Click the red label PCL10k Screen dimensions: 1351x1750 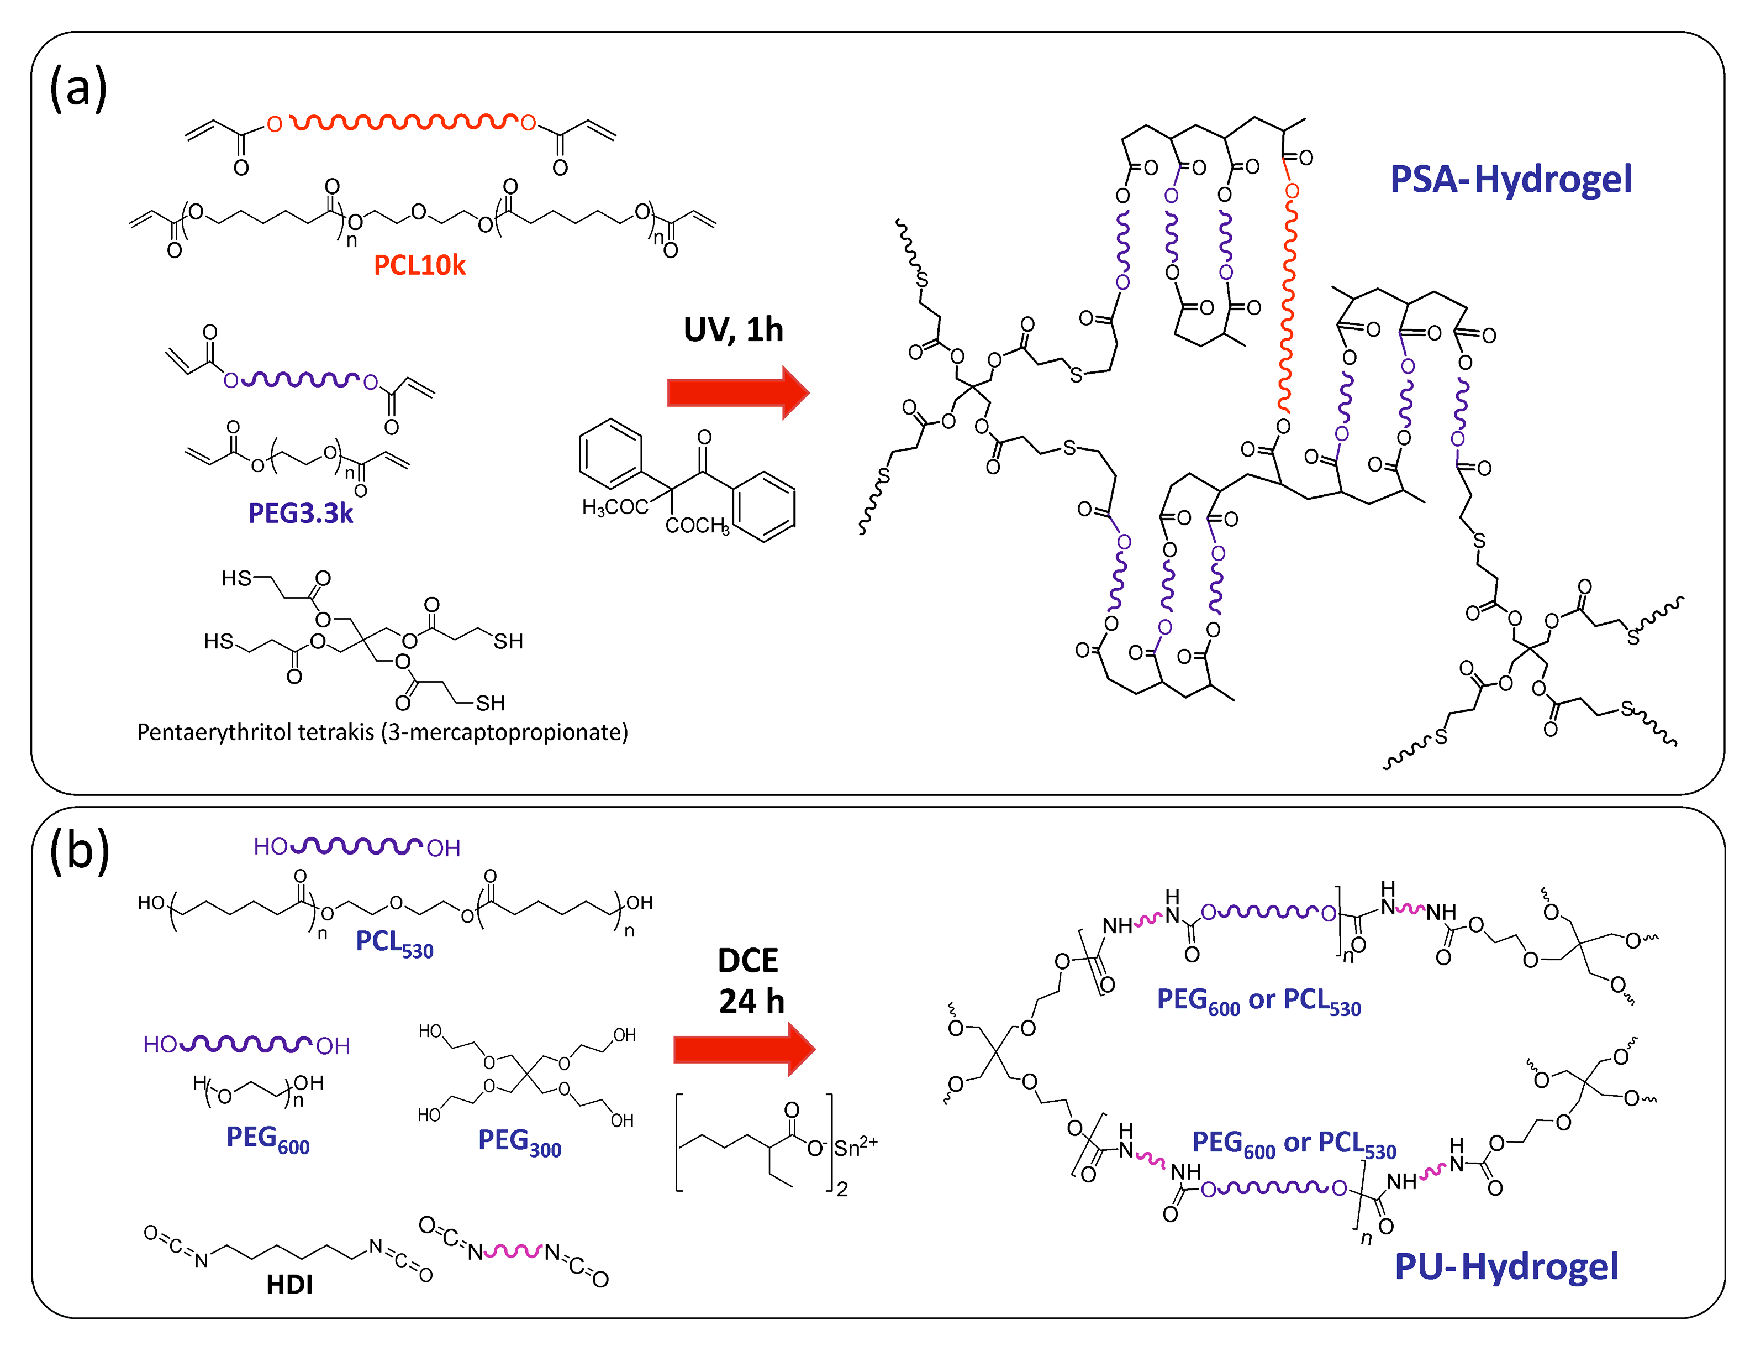419,265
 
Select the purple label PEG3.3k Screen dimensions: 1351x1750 300,513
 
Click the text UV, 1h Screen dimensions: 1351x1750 732,329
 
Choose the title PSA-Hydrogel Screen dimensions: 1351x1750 1510,179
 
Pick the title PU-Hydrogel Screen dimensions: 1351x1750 1506,1267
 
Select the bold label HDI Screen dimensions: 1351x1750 289,1285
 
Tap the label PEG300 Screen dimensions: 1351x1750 519,1141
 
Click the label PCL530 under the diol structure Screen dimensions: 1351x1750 394,943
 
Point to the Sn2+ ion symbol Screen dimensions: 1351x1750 855,1148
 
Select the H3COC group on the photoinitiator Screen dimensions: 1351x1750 615,507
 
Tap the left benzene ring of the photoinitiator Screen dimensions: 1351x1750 610,454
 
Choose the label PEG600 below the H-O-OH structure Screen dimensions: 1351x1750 267,1139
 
